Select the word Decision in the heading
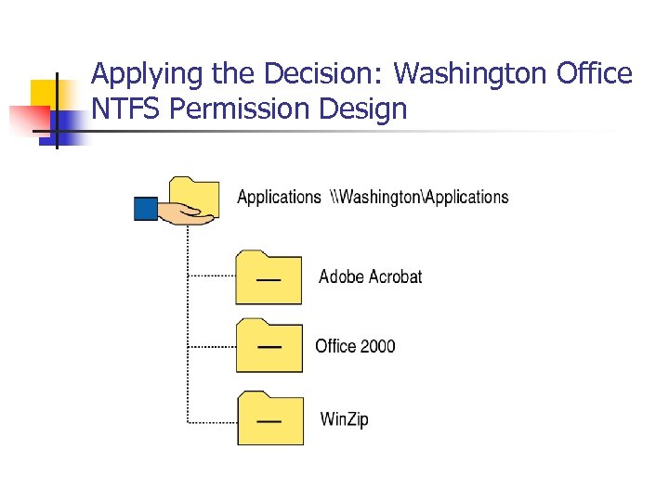tap(310, 74)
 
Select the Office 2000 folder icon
tap(269, 345)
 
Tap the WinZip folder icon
tap(269, 418)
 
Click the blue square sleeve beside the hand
tap(146, 208)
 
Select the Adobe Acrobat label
tap(370, 276)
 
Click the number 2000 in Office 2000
tap(378, 346)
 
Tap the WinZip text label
tap(344, 419)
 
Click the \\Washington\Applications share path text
tap(419, 197)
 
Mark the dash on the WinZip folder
tap(269, 421)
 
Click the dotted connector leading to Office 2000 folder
tap(211, 346)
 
